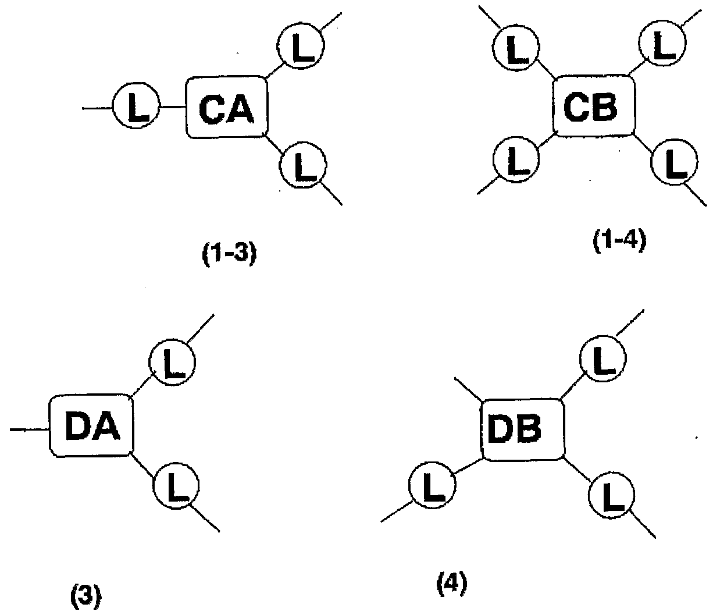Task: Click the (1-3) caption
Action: point(229,254)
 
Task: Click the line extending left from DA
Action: point(30,429)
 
